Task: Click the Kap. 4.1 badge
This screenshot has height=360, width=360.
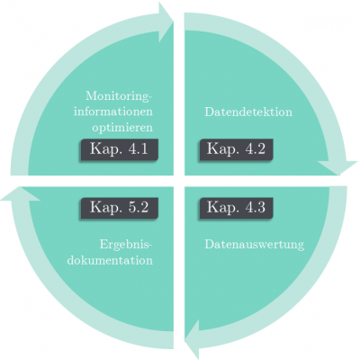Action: point(119,149)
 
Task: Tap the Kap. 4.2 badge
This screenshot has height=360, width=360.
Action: point(236,149)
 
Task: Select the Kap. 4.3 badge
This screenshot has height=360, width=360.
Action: point(236,208)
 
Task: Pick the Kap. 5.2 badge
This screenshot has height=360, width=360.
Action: point(119,208)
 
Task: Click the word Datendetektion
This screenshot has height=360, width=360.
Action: point(248,112)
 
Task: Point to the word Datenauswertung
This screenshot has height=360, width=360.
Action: point(255,244)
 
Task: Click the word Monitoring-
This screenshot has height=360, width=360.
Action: point(119,96)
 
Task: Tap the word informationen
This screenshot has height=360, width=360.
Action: point(113,112)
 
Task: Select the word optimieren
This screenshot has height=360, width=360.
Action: point(122,128)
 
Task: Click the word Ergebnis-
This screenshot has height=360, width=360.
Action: point(126,245)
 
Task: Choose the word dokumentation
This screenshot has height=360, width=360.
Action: point(110,260)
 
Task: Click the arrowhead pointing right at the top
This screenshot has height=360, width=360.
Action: point(166,22)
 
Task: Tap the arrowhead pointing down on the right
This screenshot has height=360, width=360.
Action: point(337,168)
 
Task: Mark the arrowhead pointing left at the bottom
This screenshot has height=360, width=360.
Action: point(192,339)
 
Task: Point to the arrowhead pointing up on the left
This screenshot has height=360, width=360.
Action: point(19,193)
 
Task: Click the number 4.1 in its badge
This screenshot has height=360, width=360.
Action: point(138,149)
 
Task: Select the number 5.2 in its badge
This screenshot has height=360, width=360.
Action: point(138,208)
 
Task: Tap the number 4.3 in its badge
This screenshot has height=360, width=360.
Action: point(255,208)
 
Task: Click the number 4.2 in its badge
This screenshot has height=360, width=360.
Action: point(255,149)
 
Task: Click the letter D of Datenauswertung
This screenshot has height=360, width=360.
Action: point(210,244)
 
